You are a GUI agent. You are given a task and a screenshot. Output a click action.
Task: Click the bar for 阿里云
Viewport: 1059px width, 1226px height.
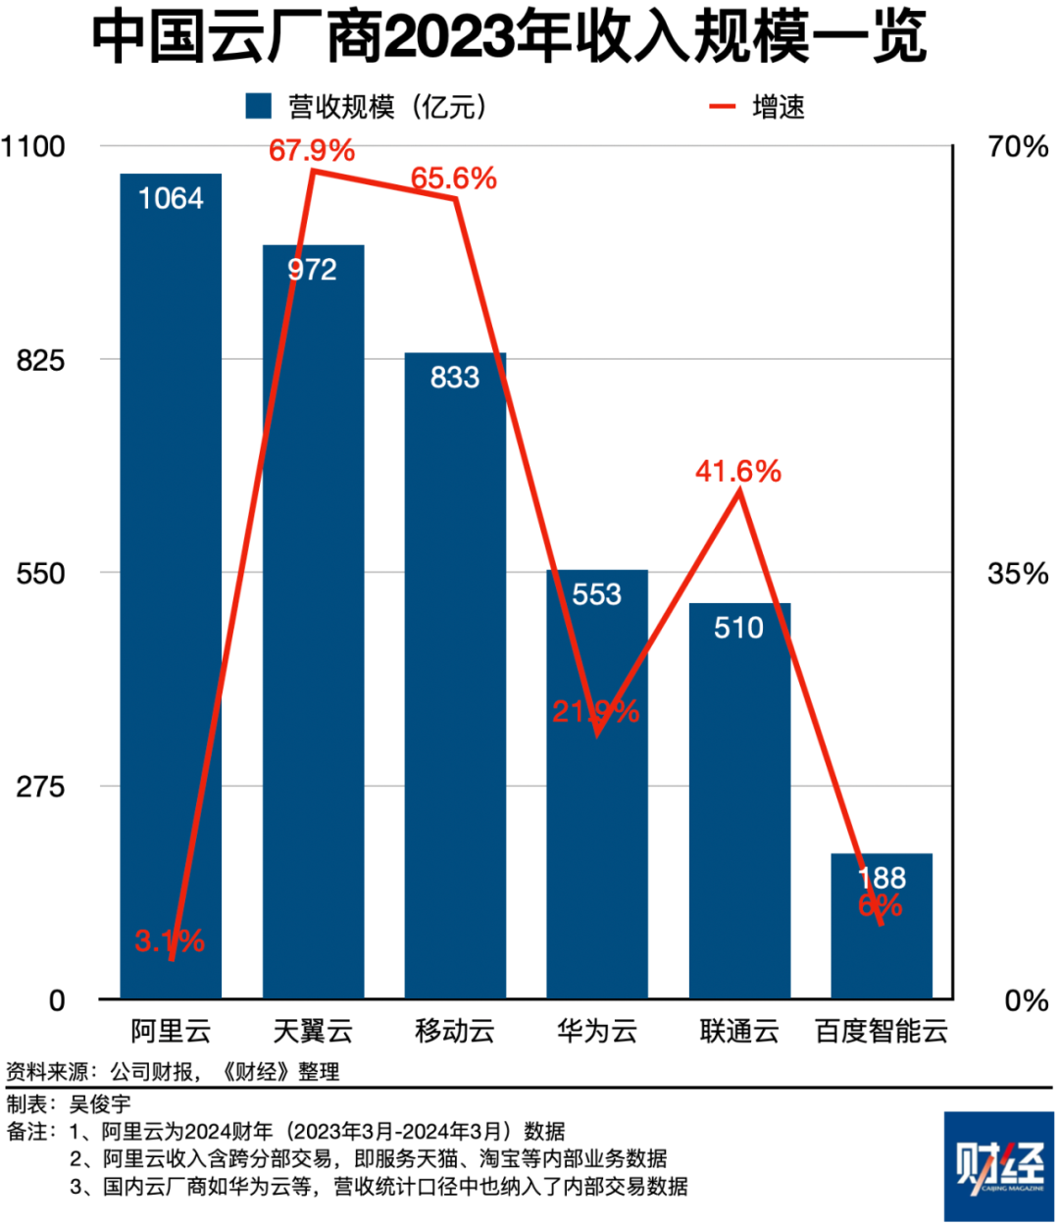click(x=171, y=588)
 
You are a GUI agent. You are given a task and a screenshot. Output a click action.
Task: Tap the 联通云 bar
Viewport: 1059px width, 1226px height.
click(x=739, y=804)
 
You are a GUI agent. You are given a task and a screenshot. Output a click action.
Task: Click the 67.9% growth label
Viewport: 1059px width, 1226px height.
click(x=311, y=150)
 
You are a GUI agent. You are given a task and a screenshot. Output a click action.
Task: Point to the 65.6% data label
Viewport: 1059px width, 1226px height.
click(x=453, y=179)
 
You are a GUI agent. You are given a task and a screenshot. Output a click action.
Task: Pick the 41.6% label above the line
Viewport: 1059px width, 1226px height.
click(x=738, y=472)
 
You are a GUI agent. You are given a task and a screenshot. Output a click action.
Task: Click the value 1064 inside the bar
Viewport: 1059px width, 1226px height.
click(x=171, y=199)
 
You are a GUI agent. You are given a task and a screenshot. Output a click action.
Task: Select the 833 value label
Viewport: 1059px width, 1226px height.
click(x=455, y=378)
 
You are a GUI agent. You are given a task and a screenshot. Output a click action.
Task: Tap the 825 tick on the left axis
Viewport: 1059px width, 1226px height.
click(x=40, y=360)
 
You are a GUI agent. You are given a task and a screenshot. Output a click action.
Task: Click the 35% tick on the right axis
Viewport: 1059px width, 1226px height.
click(x=1017, y=574)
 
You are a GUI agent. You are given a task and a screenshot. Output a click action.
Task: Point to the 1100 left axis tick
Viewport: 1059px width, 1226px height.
click(x=33, y=147)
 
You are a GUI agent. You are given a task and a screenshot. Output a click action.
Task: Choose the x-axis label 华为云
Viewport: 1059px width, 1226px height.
click(x=597, y=1031)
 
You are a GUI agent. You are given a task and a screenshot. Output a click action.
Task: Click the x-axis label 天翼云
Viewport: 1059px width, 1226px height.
click(x=313, y=1031)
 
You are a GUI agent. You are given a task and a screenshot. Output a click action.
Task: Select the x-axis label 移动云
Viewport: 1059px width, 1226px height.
click(x=455, y=1031)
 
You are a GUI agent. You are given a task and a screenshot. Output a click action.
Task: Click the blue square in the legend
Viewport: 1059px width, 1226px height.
click(x=258, y=106)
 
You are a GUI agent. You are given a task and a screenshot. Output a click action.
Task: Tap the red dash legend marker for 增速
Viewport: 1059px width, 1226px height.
click(x=722, y=106)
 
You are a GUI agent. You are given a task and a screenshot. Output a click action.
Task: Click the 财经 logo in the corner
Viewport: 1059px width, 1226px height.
click(x=998, y=1166)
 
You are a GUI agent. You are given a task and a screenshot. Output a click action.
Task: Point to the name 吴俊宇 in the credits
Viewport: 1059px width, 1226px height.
click(x=99, y=1104)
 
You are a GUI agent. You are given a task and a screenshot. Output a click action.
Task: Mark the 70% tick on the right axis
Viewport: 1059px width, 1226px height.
click(x=1018, y=147)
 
